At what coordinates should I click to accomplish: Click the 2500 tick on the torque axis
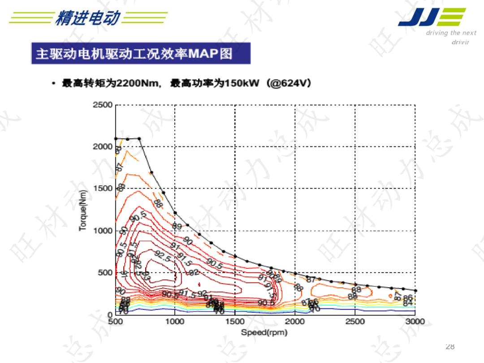(x=103, y=105)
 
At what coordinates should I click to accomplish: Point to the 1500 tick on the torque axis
(x=103, y=188)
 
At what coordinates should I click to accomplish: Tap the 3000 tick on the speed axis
(x=415, y=322)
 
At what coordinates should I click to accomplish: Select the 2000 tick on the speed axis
(x=295, y=322)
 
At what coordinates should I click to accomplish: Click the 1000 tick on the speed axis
(x=175, y=322)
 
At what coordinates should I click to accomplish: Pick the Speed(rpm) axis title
(x=264, y=333)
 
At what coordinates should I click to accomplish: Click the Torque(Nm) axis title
(x=83, y=209)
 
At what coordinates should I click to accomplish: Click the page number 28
(x=450, y=346)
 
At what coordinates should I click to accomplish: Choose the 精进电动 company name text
(x=88, y=18)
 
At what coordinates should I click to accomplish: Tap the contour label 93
(x=146, y=277)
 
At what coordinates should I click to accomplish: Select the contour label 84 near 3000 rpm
(x=407, y=303)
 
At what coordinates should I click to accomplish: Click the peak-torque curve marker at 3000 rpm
(x=415, y=290)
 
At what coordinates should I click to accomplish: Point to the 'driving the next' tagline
(x=451, y=33)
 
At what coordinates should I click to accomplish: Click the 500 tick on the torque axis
(x=104, y=272)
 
